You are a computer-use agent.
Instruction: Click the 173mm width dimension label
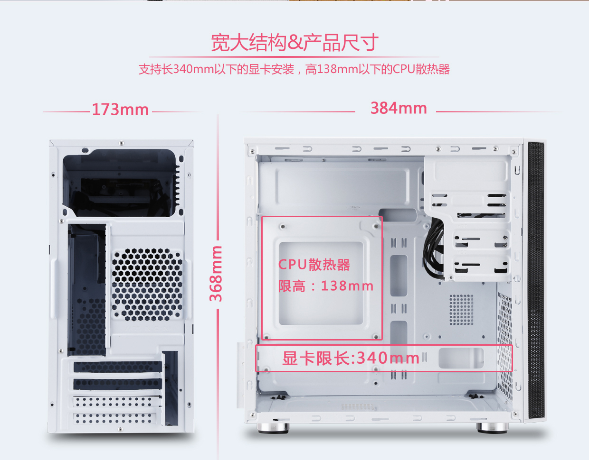pos(120,110)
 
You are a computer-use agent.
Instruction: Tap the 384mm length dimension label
pos(399,108)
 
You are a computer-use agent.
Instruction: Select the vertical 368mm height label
pos(216,274)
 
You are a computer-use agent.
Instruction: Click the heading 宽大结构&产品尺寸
pos(294,43)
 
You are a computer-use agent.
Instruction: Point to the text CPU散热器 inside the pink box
pos(314,265)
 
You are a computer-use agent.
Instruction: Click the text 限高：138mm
pos(326,286)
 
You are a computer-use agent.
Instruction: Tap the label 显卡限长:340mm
pos(351,358)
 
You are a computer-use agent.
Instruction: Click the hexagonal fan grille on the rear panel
pos(147,285)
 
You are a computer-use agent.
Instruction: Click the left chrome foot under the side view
pos(273,428)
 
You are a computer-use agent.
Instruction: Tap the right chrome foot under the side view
pos(492,428)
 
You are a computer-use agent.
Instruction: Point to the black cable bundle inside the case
pos(433,248)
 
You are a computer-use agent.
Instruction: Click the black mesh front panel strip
pos(536,280)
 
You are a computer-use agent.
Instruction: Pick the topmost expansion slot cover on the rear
pos(118,367)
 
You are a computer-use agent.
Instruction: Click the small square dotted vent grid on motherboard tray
pos(461,310)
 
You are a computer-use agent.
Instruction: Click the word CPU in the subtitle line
pos(404,69)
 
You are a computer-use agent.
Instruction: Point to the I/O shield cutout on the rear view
pos(87,290)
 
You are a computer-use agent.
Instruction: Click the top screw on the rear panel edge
pos(122,143)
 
